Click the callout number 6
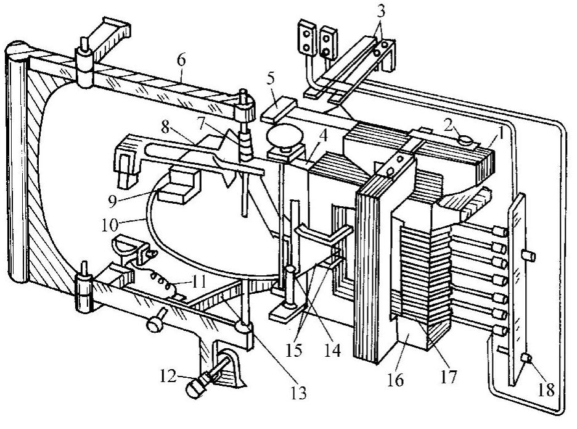pyautogui.click(x=181, y=60)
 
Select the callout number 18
pyautogui.click(x=546, y=389)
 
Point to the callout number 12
pyautogui.click(x=168, y=376)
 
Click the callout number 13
pyautogui.click(x=298, y=393)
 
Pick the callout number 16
pyautogui.click(x=395, y=380)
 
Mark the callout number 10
pyautogui.click(x=110, y=225)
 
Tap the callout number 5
pyautogui.click(x=271, y=79)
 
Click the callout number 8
pyautogui.click(x=165, y=128)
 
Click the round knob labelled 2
pyautogui.click(x=466, y=140)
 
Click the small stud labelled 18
pyautogui.click(x=527, y=357)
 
